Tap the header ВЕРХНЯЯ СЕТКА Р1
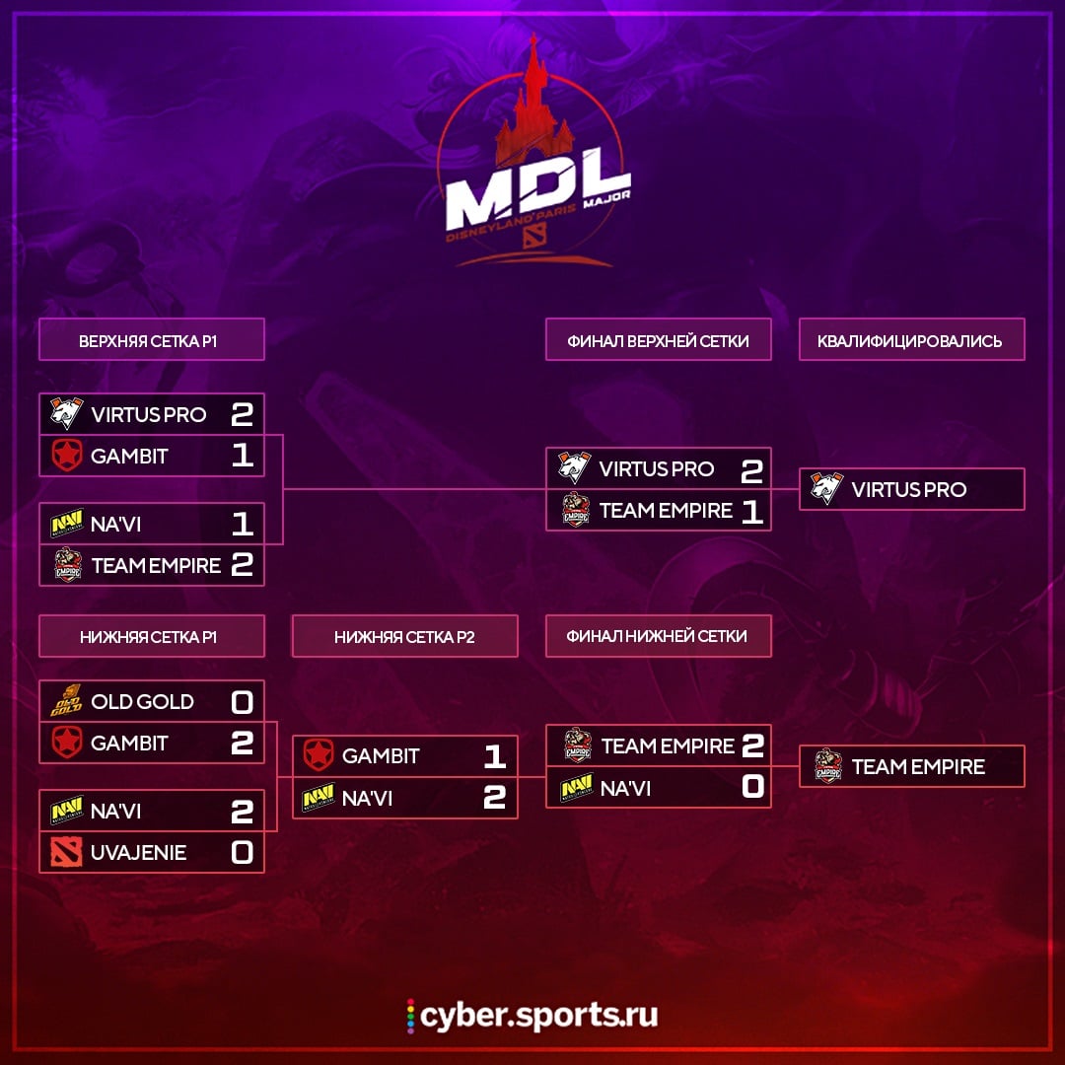[152, 340]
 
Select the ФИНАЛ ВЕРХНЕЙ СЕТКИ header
[658, 340]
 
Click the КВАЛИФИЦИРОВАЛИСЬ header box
[910, 340]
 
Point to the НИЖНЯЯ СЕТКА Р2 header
[404, 637]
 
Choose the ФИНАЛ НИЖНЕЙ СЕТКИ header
[658, 636]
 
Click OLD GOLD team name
[142, 702]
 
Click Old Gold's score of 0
[242, 702]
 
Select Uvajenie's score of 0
[242, 852]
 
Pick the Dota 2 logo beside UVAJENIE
[67, 852]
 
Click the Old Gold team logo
[67, 702]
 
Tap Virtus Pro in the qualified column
[908, 489]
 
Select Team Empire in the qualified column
[918, 766]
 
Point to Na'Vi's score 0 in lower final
[752, 787]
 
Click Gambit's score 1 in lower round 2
[494, 756]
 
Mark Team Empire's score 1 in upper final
[752, 511]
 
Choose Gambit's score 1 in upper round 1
[242, 456]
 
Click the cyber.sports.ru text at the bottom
[538, 1015]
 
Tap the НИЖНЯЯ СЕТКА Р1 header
[152, 637]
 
